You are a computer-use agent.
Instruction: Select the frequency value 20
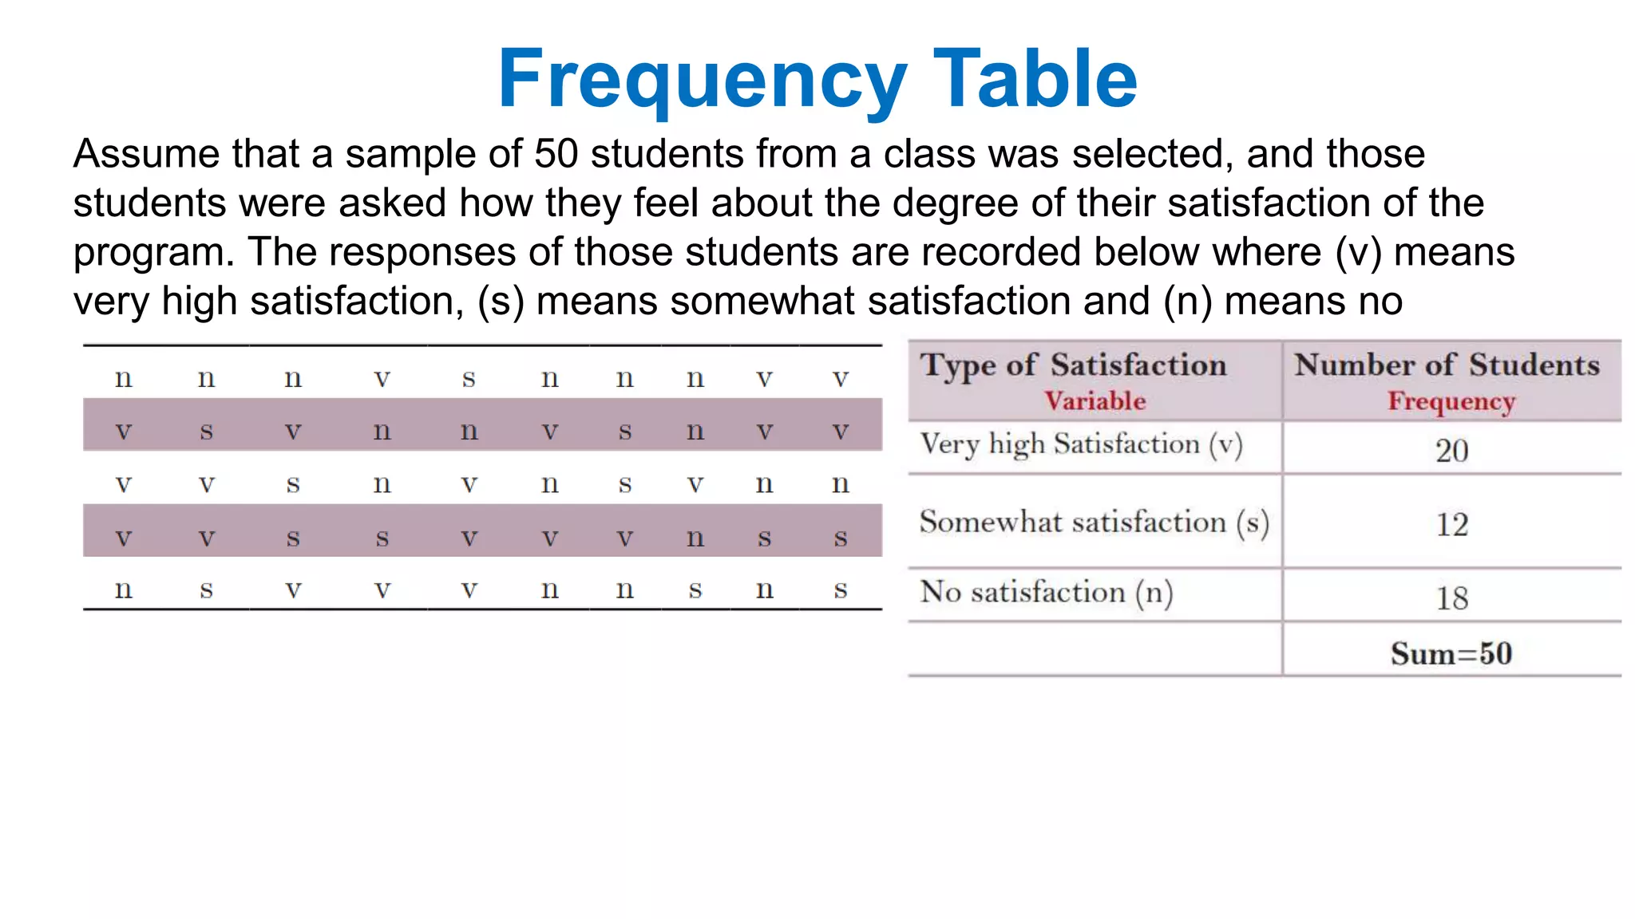coord(1451,451)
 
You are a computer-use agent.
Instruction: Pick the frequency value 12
coord(1451,524)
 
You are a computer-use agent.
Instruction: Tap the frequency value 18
coord(1451,598)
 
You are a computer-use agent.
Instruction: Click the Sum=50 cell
coord(1451,653)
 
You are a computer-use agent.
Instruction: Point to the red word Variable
coord(1095,400)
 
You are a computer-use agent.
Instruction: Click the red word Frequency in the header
coord(1451,401)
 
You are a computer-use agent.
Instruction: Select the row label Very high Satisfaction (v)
coord(1081,444)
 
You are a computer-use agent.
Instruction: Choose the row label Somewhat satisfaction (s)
coord(1094,523)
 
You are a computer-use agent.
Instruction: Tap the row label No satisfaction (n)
coord(1046,593)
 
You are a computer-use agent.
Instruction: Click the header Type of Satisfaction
coord(1073,365)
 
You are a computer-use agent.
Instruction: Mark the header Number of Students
coord(1447,365)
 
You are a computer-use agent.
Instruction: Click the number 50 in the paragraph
coord(556,153)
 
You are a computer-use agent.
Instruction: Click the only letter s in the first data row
coord(469,378)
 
